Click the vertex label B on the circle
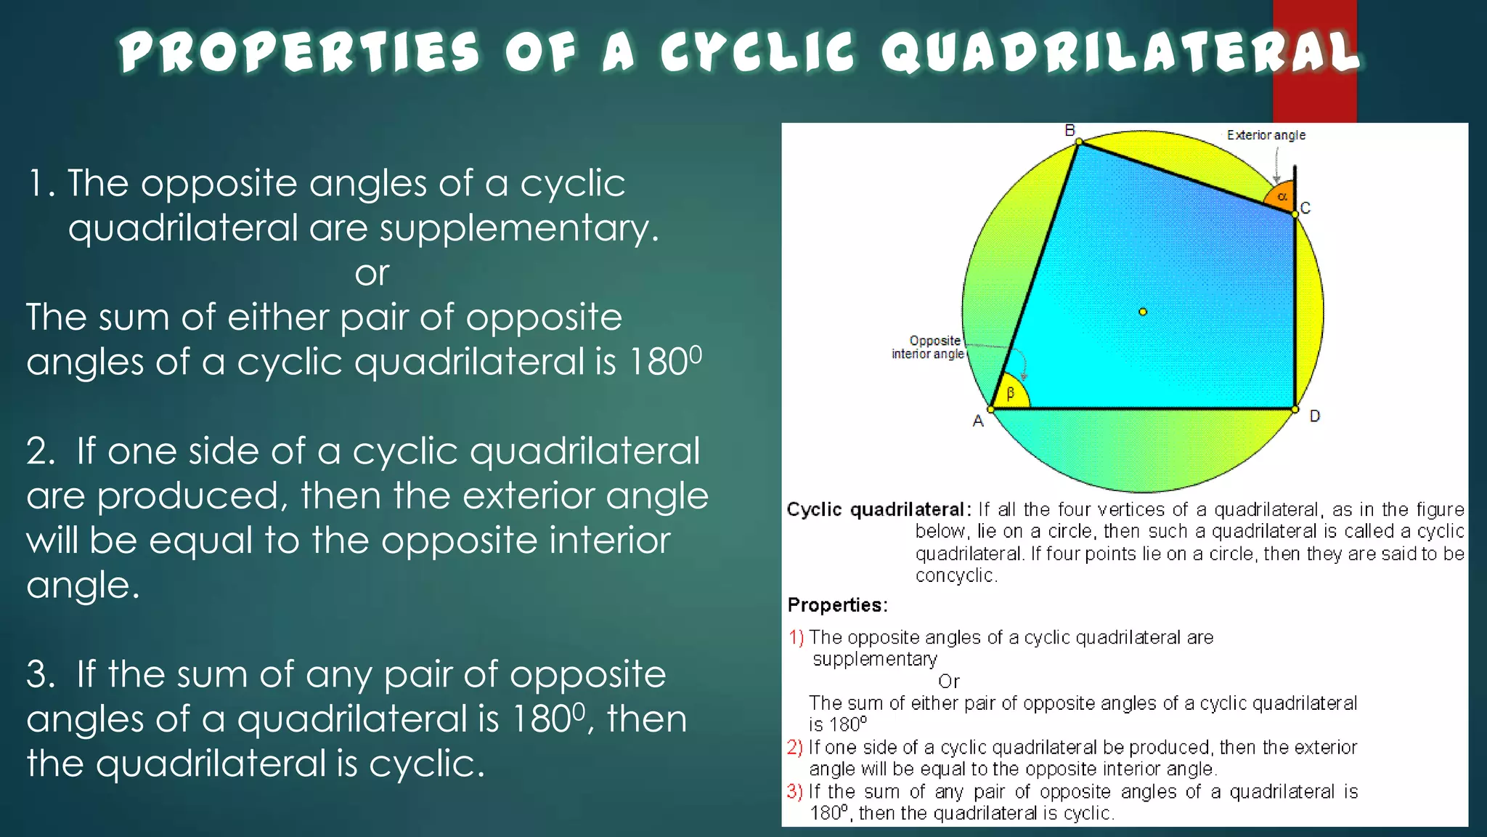pos(1070,131)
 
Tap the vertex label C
pos(1305,209)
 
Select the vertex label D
pos(1314,416)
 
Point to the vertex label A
pos(978,421)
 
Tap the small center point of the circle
pos(1143,312)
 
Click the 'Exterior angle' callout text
pos(1266,135)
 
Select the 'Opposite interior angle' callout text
pos(929,347)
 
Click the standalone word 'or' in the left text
pos(372,274)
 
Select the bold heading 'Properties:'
pos(837,605)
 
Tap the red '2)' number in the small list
pos(795,748)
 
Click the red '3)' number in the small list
pos(795,791)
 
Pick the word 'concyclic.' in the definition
pos(956,576)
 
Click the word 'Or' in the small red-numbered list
pos(948,682)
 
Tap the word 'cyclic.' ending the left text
pos(426,764)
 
